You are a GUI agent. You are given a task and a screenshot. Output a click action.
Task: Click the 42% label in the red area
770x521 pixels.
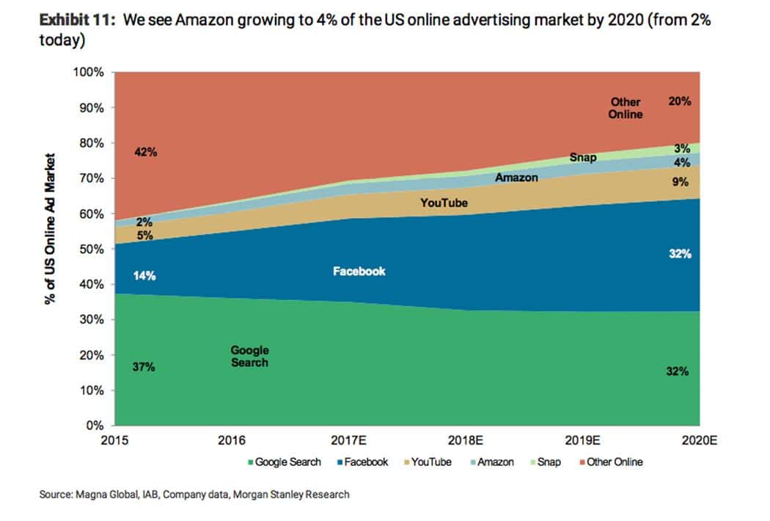coord(146,153)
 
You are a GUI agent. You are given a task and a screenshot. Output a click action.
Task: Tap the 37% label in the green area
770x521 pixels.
coord(144,367)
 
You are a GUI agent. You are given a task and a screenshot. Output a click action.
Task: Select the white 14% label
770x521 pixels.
coord(144,276)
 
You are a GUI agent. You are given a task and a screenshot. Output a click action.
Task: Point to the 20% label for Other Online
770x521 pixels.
coord(679,102)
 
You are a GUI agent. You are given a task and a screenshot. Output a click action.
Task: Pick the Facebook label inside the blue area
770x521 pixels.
coord(359,271)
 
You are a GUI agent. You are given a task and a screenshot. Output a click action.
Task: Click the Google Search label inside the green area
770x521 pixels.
coord(249,357)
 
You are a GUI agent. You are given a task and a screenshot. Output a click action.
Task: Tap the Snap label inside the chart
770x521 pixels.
coord(582,157)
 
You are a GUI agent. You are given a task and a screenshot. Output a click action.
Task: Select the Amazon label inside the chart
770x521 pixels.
coord(516,178)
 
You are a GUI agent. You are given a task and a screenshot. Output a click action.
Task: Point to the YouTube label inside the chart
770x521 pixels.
coord(444,203)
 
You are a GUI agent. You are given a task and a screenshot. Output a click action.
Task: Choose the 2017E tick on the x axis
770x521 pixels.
coord(349,440)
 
